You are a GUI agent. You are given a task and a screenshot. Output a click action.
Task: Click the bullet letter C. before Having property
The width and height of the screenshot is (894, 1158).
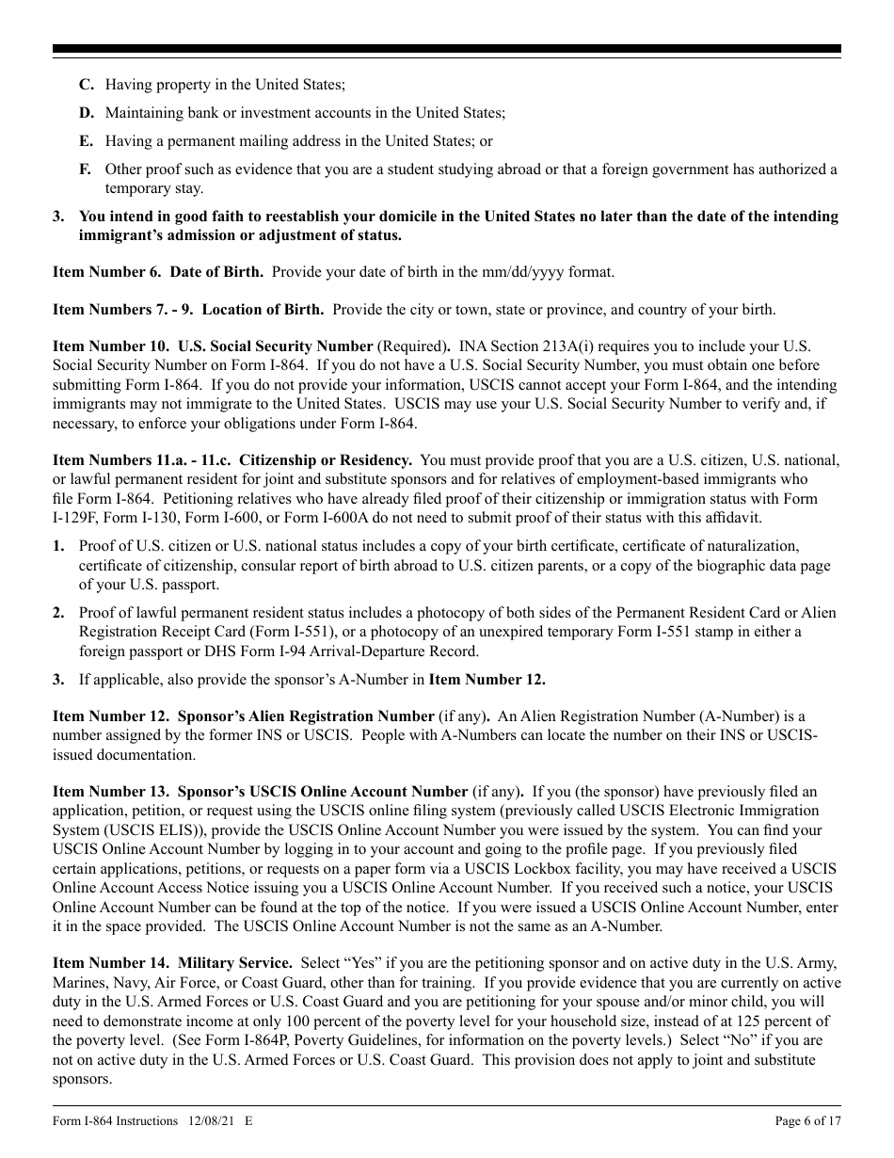(87, 85)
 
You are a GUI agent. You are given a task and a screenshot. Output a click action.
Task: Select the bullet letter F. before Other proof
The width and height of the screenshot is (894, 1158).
(86, 169)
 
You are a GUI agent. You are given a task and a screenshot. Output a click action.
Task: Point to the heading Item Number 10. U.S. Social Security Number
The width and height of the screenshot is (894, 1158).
(213, 346)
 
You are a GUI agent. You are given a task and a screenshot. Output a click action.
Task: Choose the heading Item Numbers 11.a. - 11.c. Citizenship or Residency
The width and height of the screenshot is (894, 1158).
(231, 460)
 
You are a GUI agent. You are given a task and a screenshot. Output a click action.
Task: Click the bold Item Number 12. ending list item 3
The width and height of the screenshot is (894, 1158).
(487, 680)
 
